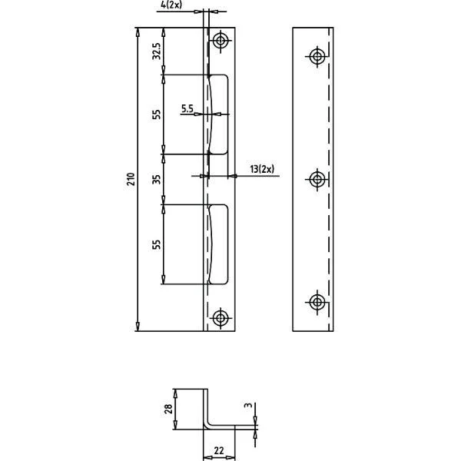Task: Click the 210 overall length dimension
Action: pos(131,179)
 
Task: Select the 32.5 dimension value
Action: pos(157,51)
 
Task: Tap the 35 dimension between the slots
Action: pos(157,179)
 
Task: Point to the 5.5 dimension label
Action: pos(187,109)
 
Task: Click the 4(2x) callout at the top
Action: pos(171,5)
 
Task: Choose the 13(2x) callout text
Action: pos(262,169)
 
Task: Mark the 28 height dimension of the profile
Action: pos(168,409)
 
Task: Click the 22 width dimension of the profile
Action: pos(219,450)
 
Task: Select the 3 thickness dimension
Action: pos(249,405)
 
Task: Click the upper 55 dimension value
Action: pos(157,114)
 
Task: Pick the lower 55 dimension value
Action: pos(157,244)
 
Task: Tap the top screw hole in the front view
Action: pos(221,40)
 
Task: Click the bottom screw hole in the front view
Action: pos(221,318)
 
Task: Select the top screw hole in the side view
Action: pos(317,56)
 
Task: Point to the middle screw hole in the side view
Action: pos(317,179)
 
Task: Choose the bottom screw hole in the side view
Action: pos(317,302)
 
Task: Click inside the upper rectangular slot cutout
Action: pos(219,114)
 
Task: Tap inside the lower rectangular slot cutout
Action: pos(219,244)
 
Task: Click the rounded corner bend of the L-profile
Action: pos(207,426)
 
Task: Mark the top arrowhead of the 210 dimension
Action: pos(138,32)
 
